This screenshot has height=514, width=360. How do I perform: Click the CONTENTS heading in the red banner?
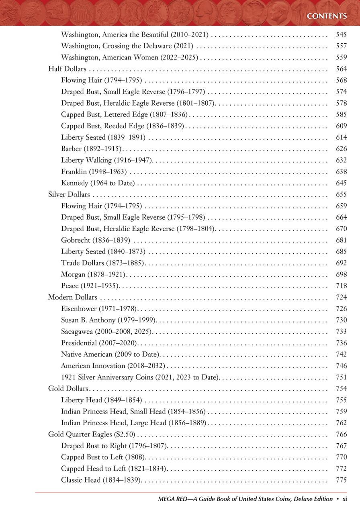pos(326,16)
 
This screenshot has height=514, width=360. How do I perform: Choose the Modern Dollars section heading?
pos(73,297)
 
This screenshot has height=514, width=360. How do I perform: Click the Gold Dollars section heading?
pos(68,389)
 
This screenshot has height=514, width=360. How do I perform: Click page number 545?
pos(341,35)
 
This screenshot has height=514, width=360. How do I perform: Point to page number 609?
pos(341,126)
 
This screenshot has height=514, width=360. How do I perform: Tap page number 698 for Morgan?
pos(341,275)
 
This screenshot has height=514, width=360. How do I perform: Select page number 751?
pos(341,377)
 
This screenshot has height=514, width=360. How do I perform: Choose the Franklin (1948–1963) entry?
pos(94,172)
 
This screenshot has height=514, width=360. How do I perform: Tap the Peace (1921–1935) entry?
pos(90,286)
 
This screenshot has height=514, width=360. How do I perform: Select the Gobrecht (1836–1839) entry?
pos(96,240)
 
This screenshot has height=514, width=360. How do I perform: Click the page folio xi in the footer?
pos(344,499)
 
